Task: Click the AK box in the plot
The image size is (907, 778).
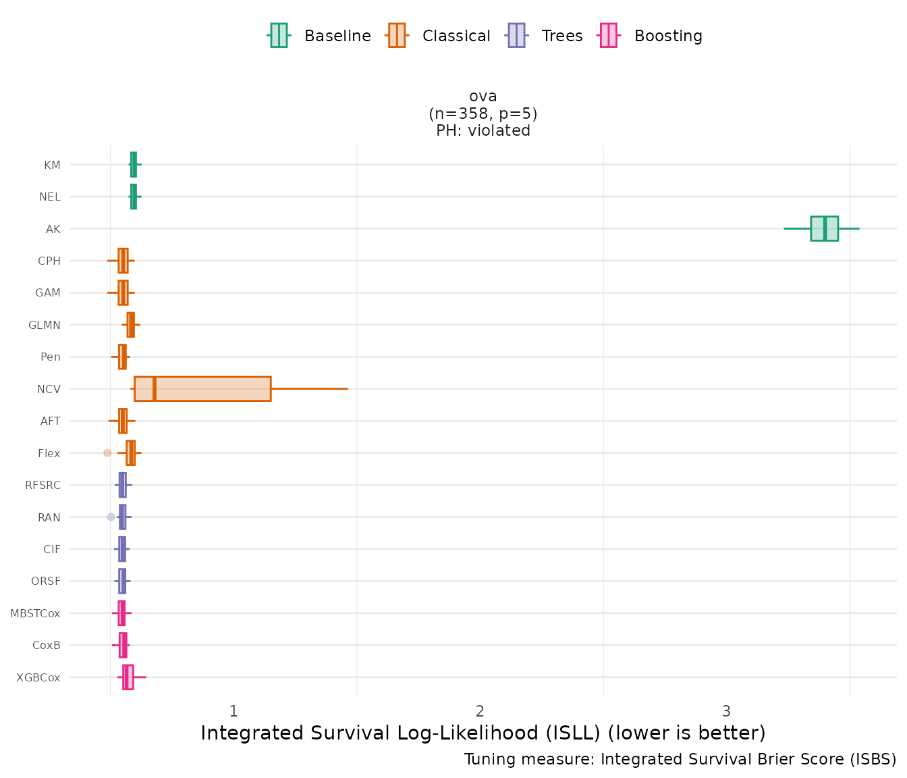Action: coord(824,228)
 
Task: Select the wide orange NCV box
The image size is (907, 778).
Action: coord(202,389)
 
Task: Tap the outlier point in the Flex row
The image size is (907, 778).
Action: coord(107,452)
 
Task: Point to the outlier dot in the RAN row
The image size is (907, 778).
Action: coord(111,517)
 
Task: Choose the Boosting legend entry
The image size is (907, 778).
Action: coord(651,36)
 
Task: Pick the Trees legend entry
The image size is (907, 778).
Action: coord(544,36)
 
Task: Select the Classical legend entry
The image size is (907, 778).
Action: coord(439,36)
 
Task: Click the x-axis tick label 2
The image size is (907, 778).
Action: coord(480,711)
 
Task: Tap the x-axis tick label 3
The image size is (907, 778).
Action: coord(726,711)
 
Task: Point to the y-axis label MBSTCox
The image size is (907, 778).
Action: coord(35,613)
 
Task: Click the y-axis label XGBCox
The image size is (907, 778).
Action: coord(38,677)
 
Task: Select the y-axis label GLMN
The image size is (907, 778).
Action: coord(45,325)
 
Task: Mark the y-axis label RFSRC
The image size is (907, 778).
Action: coord(43,485)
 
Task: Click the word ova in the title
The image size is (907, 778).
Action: coord(483,96)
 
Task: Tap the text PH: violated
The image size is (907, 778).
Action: coord(483,130)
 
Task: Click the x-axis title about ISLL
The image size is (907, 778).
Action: coord(483,733)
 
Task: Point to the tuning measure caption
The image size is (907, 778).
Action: coord(680,759)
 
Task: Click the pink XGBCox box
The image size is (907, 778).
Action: coord(128,677)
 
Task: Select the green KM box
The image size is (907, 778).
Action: coord(134,164)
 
